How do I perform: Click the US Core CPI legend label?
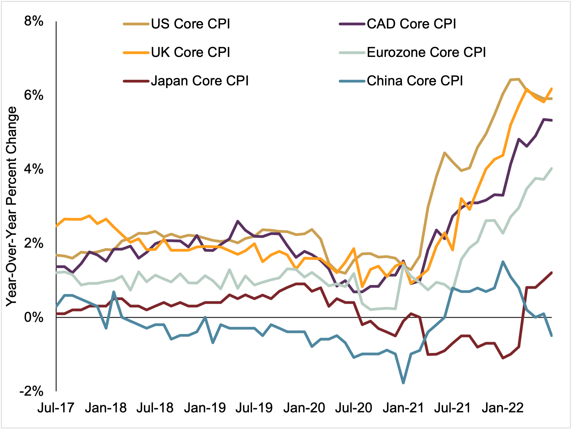pos(190,24)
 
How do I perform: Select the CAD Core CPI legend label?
pos(411,24)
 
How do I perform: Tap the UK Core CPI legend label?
pos(190,52)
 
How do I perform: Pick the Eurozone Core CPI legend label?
pos(426,52)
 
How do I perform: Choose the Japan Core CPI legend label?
pos(200,81)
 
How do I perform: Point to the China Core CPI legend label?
pos(415,81)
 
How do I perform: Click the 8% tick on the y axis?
pos(34,21)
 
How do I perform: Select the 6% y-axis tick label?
pos(34,95)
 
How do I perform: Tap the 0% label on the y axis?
pos(34,317)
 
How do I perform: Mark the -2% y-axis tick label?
pos(31,391)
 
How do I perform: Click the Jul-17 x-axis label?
pos(56,408)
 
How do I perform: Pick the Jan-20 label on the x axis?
pos(304,408)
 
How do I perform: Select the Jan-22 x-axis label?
pos(502,408)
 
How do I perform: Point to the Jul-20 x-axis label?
pos(353,408)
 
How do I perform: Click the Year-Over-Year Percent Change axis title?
pos(12,207)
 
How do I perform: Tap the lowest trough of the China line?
pos(403,383)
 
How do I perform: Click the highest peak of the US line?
pos(519,79)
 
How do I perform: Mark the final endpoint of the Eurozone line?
pos(552,168)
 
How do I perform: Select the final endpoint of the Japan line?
pos(552,272)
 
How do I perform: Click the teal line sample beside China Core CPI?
pos(352,81)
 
